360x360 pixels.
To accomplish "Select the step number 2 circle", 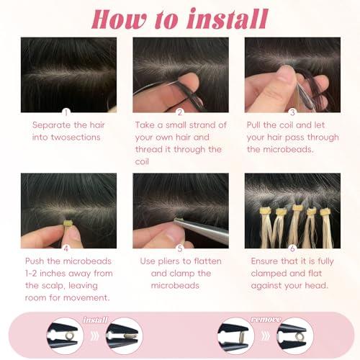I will pos(181,112).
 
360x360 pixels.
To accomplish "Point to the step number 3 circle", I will pos(292,112).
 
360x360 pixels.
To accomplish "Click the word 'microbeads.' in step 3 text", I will pos(279,150).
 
